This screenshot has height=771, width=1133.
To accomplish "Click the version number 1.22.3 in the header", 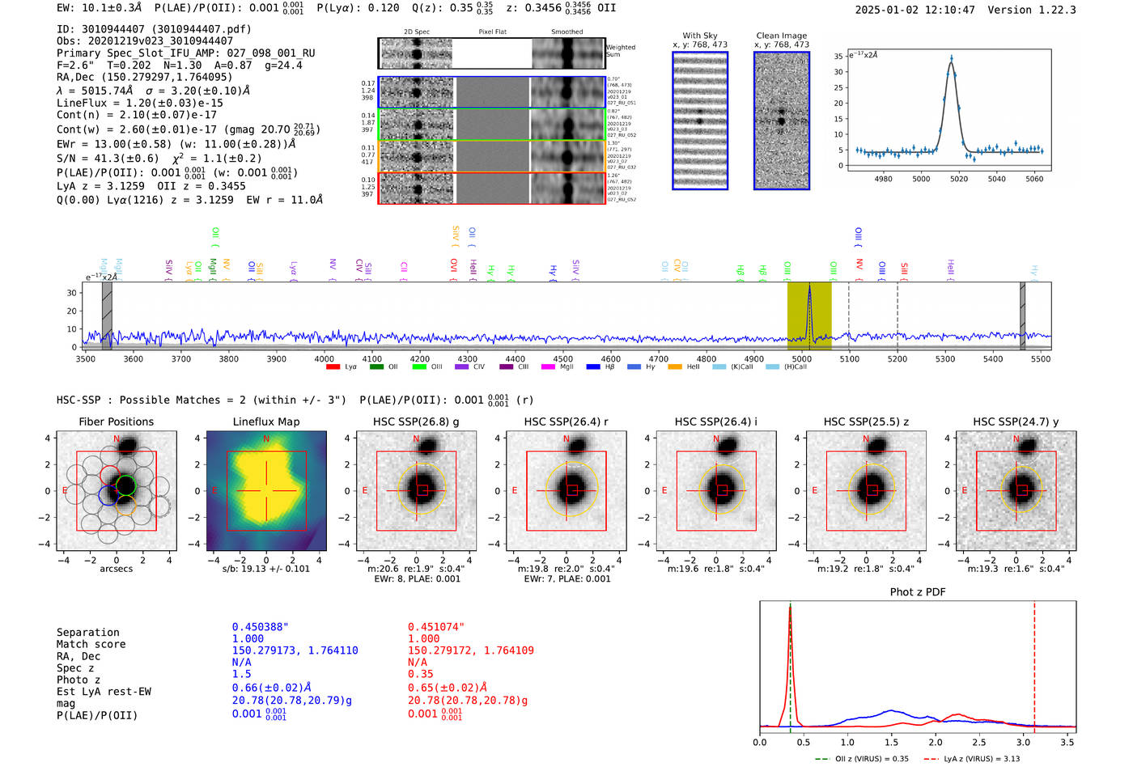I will (x=1055, y=10).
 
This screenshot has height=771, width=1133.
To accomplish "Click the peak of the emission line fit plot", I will (x=951, y=58).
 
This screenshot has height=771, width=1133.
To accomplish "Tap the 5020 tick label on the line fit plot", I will (x=959, y=179).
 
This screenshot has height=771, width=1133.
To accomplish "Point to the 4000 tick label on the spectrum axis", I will (x=325, y=359).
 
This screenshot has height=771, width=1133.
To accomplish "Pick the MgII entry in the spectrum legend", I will (x=558, y=367).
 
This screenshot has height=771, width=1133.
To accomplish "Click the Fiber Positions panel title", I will (x=116, y=422).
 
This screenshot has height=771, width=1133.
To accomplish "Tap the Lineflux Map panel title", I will (x=266, y=422).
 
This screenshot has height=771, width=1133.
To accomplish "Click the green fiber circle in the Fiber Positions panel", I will (x=125, y=485).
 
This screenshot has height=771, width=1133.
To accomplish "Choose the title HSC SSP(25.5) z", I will (x=866, y=422).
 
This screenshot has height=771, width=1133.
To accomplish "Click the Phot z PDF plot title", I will (x=918, y=592).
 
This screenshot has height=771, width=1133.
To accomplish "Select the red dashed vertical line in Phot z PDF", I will (x=1034, y=663).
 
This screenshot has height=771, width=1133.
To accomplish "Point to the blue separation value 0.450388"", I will (x=260, y=627).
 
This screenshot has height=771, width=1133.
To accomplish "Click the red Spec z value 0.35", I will (x=420, y=674).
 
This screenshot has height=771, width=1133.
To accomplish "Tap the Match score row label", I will (x=91, y=644).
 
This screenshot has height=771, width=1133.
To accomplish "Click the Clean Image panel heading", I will (x=781, y=36).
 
